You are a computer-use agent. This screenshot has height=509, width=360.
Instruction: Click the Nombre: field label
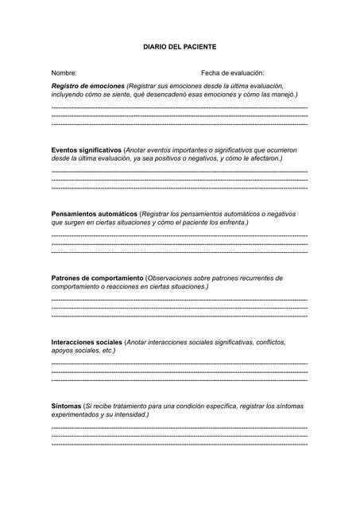tap(64, 72)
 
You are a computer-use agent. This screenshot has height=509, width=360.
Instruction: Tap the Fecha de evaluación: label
tap(232, 72)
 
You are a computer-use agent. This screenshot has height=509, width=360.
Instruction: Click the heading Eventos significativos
tap(86, 150)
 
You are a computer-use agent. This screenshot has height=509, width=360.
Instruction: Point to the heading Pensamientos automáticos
tap(94, 214)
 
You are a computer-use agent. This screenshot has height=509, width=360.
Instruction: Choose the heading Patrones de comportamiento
tap(97, 278)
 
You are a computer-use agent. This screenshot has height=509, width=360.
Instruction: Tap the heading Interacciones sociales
tap(87, 342)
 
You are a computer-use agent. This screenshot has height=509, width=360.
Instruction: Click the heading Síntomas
tap(66, 406)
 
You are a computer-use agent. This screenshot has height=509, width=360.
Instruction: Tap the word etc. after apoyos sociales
tap(108, 351)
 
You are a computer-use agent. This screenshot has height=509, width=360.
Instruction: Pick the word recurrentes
tap(260, 278)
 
